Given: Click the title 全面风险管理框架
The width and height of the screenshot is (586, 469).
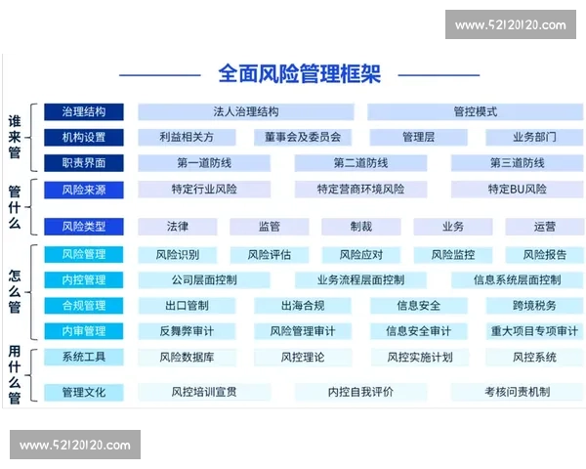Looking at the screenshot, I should coord(300,74).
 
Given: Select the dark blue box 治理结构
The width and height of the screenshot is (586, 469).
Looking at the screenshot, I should coord(83,111).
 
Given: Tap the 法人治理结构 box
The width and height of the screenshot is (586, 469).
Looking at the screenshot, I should coord(245,111).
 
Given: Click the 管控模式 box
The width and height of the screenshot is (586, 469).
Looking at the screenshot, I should coord(475,111).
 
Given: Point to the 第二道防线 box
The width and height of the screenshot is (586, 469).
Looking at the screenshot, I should coord(360,163).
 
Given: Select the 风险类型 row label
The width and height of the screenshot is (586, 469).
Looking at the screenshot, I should coord(83,227).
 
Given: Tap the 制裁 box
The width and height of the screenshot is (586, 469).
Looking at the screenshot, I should coord(360,227).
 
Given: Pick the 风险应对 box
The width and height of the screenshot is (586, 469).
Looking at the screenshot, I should coord(360,255).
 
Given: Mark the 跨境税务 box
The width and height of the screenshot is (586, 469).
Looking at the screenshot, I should coord(533,306).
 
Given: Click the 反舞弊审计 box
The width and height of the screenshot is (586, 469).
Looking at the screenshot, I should coord(186,331).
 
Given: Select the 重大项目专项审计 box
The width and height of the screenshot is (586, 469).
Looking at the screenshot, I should coord(533,331).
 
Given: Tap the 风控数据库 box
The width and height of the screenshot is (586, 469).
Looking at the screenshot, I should coord(186,358).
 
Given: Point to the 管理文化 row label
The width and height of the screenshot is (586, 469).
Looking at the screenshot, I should coord(83,393).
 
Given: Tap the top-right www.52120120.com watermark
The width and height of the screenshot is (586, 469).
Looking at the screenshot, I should coord(510,24).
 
